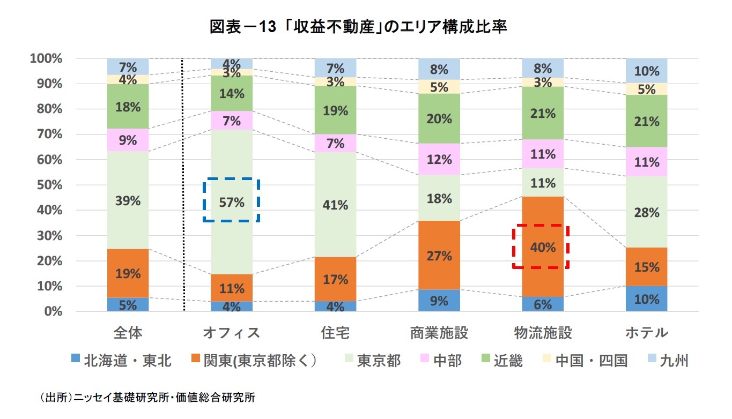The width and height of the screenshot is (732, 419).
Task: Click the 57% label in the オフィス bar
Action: (231, 202)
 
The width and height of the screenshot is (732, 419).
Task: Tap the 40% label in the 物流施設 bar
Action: (543, 247)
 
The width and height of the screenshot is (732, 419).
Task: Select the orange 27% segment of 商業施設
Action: (439, 256)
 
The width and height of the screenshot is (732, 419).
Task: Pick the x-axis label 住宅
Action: (335, 333)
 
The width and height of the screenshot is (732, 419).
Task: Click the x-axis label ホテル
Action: (646, 333)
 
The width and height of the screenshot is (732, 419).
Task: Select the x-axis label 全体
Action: (128, 333)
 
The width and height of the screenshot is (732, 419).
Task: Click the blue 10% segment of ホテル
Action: (646, 299)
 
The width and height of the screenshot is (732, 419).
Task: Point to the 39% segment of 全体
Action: (128, 201)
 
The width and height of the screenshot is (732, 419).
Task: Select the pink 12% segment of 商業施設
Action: (439, 159)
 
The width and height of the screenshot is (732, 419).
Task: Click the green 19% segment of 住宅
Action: (335, 111)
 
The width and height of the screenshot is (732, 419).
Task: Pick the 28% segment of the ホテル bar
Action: (646, 213)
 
